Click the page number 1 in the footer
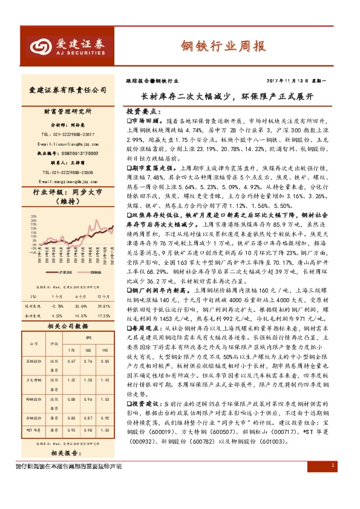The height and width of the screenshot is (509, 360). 333,499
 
